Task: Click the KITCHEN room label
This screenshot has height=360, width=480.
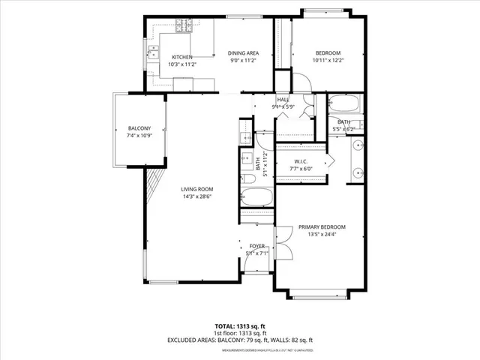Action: pyautogui.click(x=182, y=58)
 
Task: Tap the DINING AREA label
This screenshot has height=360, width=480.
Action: pyautogui.click(x=244, y=52)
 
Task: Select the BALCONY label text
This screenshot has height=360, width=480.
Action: pyautogui.click(x=139, y=127)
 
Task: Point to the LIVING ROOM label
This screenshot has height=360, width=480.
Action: pyautogui.click(x=197, y=189)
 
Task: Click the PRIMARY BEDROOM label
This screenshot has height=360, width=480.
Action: pyautogui.click(x=322, y=227)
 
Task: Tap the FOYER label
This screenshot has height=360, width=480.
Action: pyautogui.click(x=257, y=246)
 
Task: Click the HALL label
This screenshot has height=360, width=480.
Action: pyautogui.click(x=283, y=100)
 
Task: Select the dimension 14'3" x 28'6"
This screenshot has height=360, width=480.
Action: pyautogui.click(x=197, y=197)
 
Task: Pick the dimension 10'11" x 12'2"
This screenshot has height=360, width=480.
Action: pyautogui.click(x=328, y=61)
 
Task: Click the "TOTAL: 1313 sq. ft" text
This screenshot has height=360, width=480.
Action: pyautogui.click(x=240, y=326)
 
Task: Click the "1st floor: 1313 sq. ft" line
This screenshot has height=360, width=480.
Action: pyautogui.click(x=240, y=333)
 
